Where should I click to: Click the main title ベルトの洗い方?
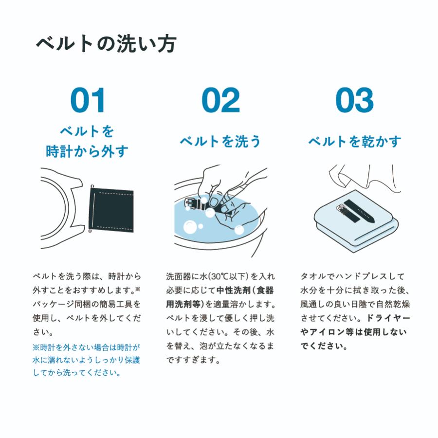pos(106,44)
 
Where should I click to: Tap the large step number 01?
pos(88,100)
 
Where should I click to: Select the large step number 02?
pos(220,100)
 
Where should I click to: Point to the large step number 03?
pos(354,100)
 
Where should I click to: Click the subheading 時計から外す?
pos(87,151)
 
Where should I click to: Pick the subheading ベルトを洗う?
pos(220,142)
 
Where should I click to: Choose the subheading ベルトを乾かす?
pos(355,142)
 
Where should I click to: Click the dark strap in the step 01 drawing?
pos(111,211)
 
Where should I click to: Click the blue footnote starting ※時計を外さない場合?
pos(86,360)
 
